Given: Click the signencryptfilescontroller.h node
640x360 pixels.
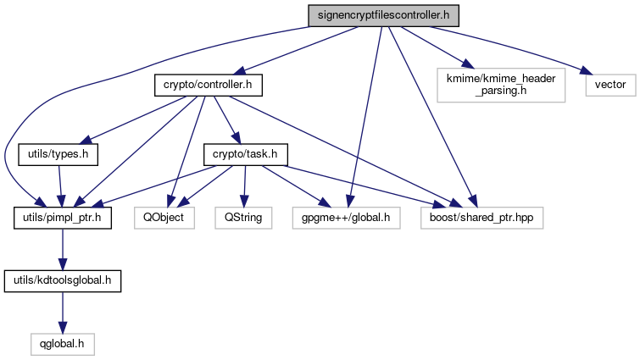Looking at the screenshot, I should click(381, 14).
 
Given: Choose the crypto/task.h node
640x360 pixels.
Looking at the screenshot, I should click(246, 155).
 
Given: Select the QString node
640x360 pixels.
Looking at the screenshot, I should click(244, 218).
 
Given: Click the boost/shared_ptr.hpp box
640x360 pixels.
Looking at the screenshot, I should click(481, 218).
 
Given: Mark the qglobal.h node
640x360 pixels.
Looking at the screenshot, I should click(59, 343).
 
